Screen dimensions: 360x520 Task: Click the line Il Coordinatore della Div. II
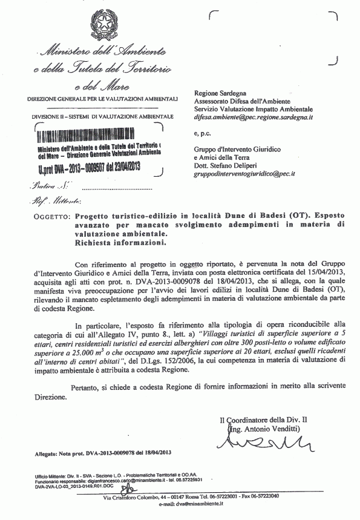tap(264, 421)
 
